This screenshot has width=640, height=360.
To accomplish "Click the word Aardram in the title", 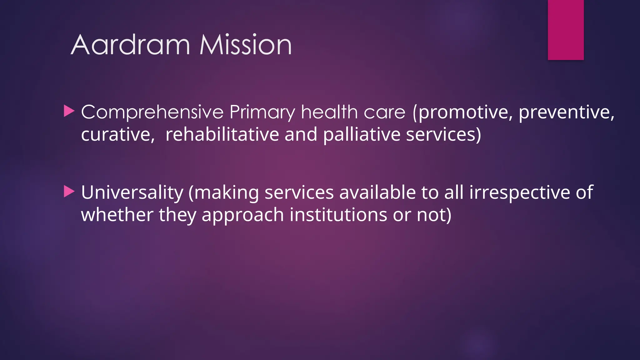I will point(131,45).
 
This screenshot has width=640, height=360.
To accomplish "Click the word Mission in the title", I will point(246,45).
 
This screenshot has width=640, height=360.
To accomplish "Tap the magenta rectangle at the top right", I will point(566,30).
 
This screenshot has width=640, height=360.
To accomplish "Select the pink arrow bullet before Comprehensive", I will point(69,111).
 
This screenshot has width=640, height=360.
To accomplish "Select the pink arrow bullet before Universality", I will point(69,192).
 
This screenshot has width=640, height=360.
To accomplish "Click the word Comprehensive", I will point(152,112).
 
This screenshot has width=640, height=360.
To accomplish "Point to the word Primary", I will point(262,112).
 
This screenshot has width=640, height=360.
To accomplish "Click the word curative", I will point(118,134).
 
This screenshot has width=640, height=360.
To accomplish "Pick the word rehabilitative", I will point(222,134).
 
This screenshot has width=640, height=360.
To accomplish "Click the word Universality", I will point(132,192).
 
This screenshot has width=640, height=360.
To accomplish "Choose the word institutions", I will point(338,215).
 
